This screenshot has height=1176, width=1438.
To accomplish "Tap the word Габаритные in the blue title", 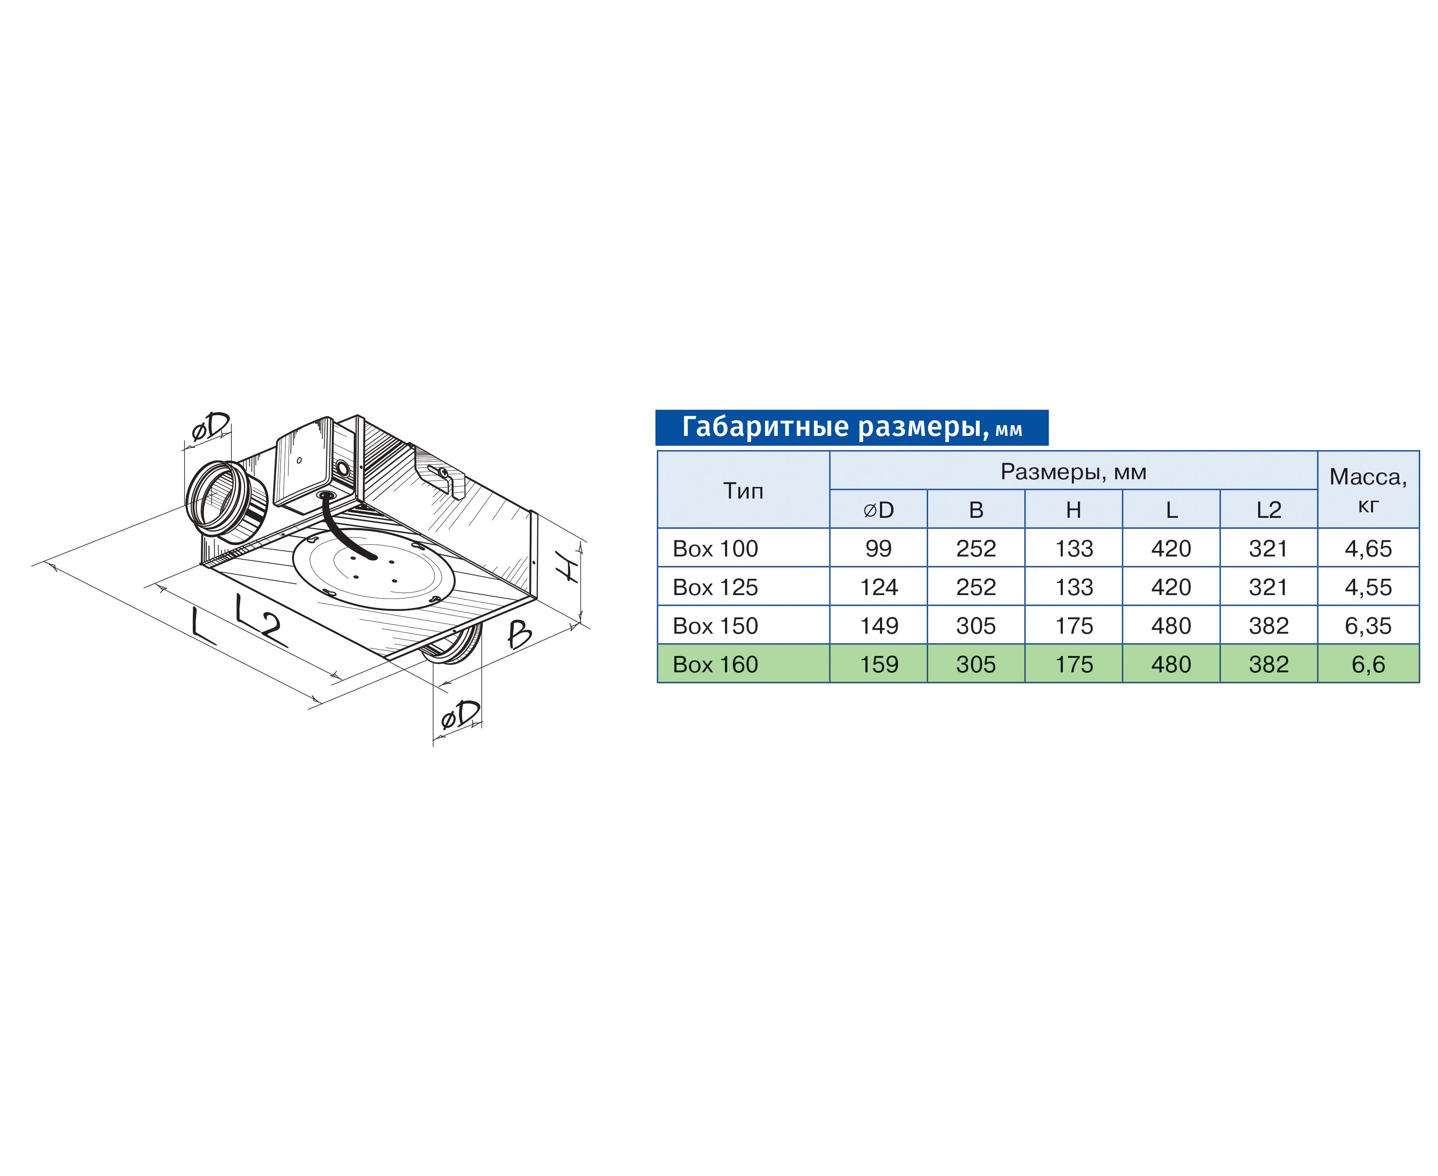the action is [765, 427].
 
